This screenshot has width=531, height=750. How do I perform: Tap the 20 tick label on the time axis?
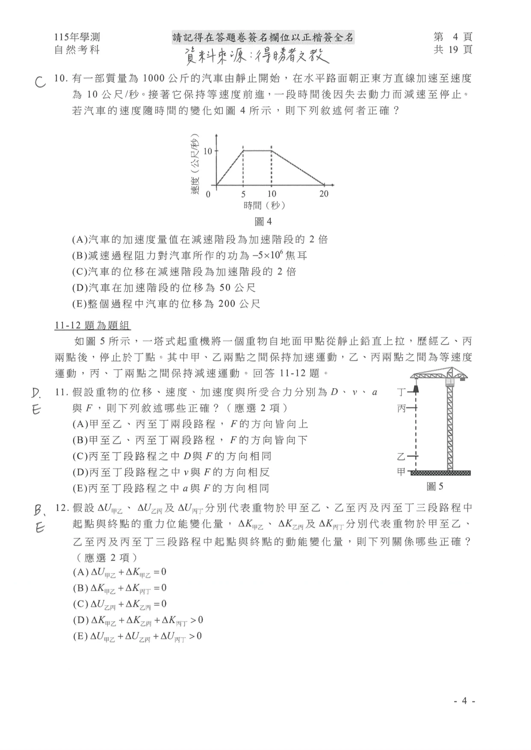coord(324,194)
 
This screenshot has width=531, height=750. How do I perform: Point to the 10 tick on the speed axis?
coord(208,151)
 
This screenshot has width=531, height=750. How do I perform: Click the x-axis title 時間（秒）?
coord(264,206)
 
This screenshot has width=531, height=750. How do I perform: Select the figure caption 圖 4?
coord(263,221)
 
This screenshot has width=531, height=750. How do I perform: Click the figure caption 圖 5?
coord(435,486)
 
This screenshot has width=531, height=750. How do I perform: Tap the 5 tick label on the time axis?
coord(243,194)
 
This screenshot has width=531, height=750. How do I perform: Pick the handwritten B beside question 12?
coord(39,510)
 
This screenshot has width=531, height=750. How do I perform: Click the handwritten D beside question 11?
coord(38,393)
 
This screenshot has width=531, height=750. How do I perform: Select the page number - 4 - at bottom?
coord(464,701)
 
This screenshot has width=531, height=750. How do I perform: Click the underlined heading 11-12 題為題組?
coord(92,325)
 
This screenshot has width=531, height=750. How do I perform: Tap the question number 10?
coord(62,79)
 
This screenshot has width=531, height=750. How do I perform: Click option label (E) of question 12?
coord(80,636)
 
